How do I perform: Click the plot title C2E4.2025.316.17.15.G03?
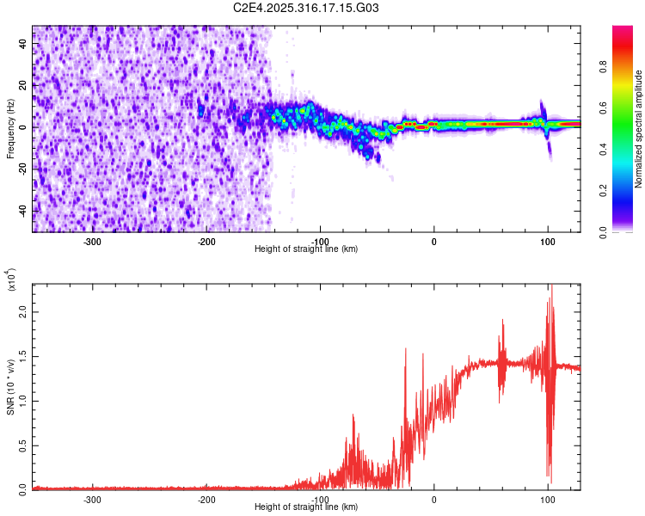(x=306, y=8)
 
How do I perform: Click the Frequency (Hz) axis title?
(x=10, y=129)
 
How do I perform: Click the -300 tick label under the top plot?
(x=92, y=241)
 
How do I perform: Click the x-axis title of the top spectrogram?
(x=306, y=249)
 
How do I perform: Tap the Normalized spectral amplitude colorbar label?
(x=639, y=129)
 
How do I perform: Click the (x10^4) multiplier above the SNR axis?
(x=11, y=280)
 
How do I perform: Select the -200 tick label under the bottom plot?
(x=206, y=499)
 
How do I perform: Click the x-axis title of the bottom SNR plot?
(x=306, y=507)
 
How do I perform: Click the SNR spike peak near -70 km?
(x=353, y=415)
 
